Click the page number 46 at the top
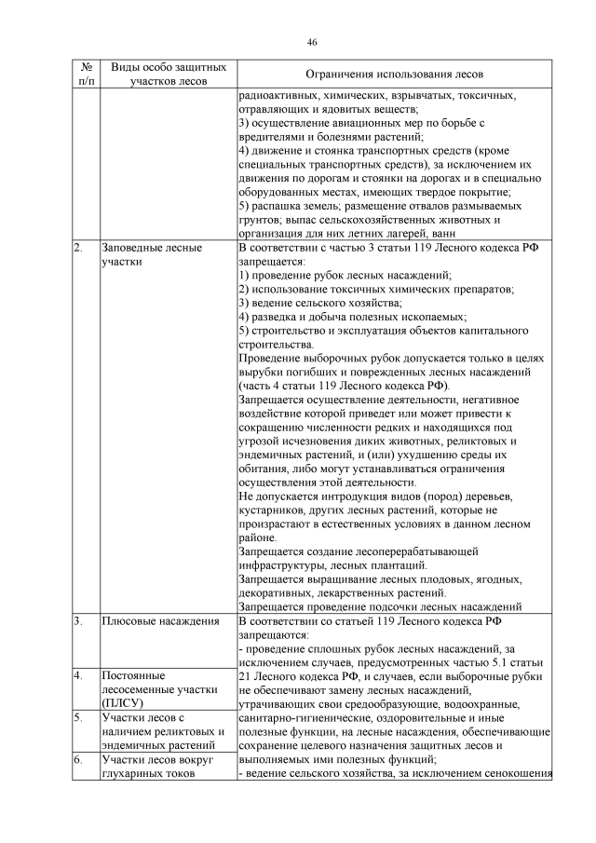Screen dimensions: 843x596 (312, 42)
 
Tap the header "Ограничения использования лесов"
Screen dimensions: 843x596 (395, 75)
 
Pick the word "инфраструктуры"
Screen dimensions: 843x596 (288, 564)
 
